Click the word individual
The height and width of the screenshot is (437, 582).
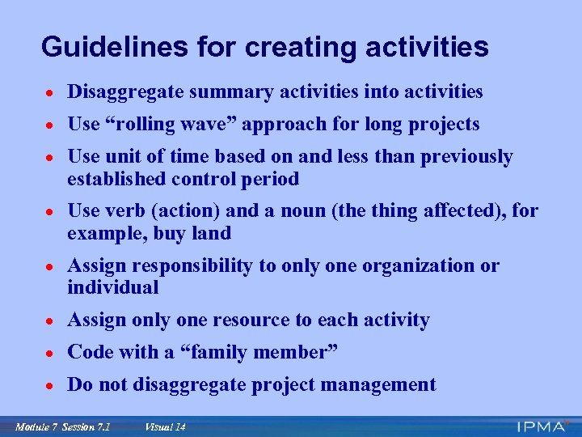coord(113,287)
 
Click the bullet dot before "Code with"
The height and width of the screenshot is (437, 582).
coord(50,353)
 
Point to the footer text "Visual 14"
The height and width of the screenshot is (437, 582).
coord(165,426)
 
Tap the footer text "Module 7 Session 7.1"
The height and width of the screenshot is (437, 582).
coord(62,426)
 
